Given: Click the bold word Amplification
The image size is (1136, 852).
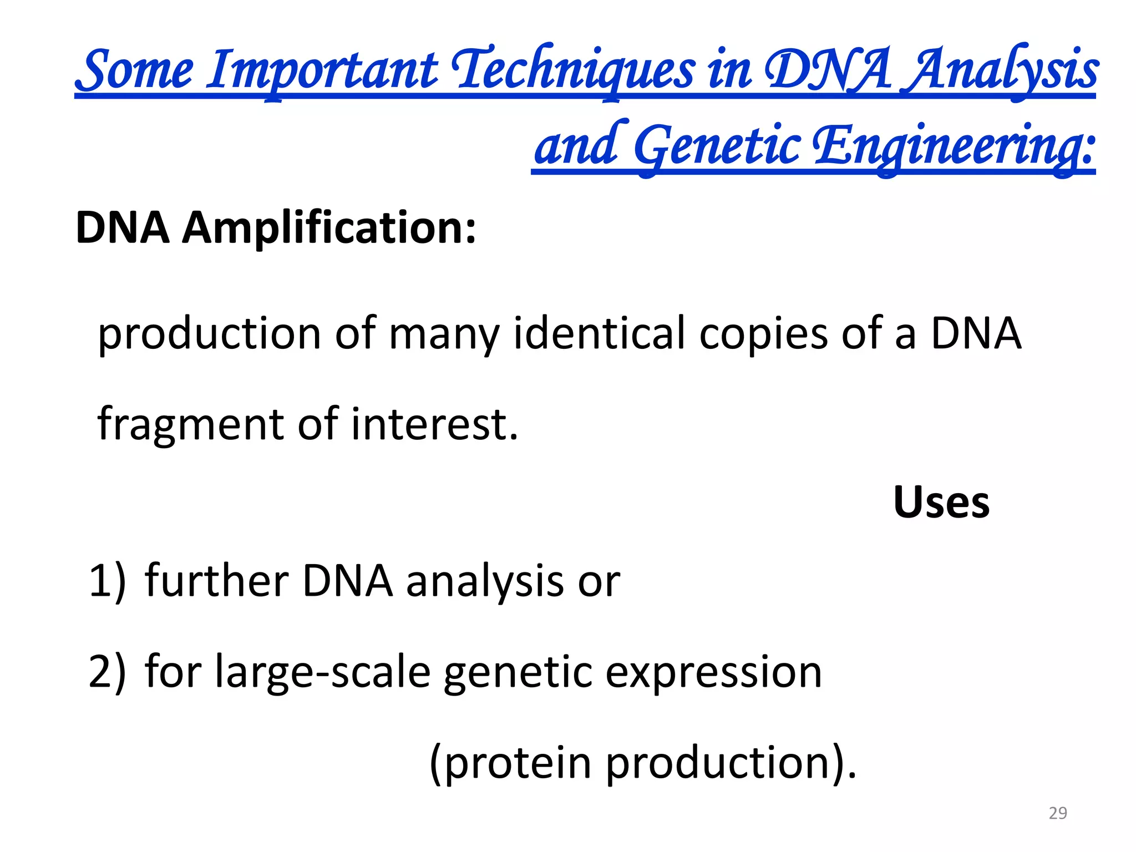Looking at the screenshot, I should [x=329, y=228].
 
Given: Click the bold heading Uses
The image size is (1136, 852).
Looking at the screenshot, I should [x=941, y=503].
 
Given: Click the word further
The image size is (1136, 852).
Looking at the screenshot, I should [x=216, y=581].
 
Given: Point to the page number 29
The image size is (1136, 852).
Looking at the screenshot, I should [x=1058, y=813].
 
